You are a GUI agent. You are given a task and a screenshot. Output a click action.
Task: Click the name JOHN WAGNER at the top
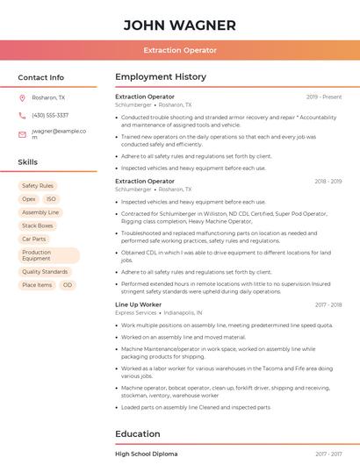coord(180,25)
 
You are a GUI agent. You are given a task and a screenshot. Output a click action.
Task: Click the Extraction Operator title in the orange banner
coord(180,51)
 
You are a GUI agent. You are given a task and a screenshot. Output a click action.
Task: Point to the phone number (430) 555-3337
coord(50,115)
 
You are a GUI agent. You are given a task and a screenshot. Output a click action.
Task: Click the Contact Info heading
coord(41,77)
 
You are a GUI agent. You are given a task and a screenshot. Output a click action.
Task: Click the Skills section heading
coord(28,162)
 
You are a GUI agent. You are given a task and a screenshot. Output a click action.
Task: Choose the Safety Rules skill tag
coord(38,186)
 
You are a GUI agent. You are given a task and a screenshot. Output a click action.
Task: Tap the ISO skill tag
coord(51,199)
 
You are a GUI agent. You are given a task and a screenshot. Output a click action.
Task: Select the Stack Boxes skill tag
coord(38,225)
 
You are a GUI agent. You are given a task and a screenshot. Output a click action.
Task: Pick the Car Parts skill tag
coord(34,239)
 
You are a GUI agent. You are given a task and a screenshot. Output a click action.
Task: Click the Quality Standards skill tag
coord(45,272)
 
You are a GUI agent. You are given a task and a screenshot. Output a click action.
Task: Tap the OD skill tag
coord(68,285)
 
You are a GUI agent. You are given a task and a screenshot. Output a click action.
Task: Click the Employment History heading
coord(161,77)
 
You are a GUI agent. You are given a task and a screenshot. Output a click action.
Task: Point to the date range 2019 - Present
coord(324,97)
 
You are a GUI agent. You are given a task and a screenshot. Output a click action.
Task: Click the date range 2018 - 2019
coord(328,182)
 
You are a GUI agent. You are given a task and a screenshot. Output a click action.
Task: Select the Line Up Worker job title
coord(139,304)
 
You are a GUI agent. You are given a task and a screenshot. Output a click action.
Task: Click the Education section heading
coord(138,433)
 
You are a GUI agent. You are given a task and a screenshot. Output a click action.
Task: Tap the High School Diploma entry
coord(147,454)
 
